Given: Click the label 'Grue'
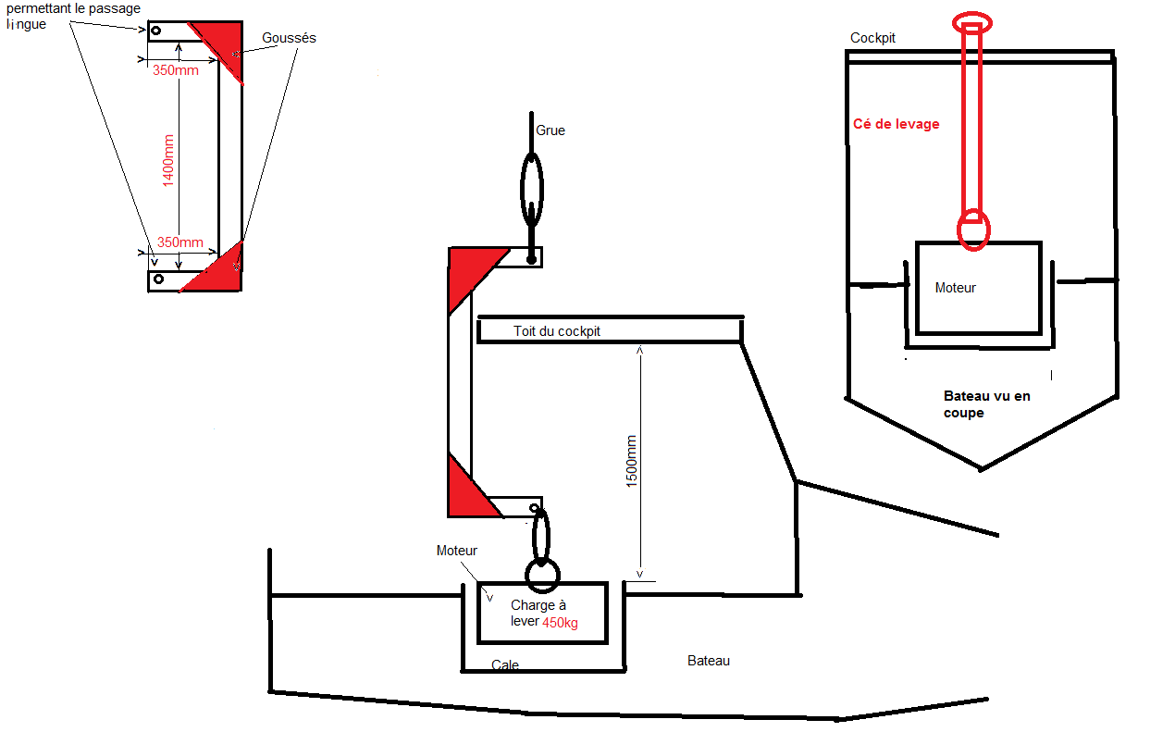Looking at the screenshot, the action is click(550, 130).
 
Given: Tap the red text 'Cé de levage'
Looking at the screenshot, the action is click(896, 124).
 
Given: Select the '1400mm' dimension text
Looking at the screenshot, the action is click(168, 158).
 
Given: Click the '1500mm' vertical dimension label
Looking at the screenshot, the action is click(632, 461).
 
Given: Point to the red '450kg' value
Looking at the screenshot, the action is click(560, 623).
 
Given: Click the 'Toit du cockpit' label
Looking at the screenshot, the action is click(557, 331).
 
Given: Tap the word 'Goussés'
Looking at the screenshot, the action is click(289, 39).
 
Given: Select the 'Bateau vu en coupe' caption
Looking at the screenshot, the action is click(985, 404).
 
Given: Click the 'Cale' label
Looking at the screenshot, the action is click(505, 665).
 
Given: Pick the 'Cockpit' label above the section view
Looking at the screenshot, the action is click(872, 38).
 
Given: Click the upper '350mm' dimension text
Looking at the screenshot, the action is click(175, 70).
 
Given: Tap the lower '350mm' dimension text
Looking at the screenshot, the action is click(179, 242).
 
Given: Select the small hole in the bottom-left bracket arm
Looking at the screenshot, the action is click(159, 279).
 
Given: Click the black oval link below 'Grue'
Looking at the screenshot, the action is click(532, 190).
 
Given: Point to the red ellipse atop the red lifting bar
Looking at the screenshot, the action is click(972, 21).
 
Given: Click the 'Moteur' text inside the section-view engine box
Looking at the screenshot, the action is click(955, 288).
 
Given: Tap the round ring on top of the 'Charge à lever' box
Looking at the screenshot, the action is click(542, 575).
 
